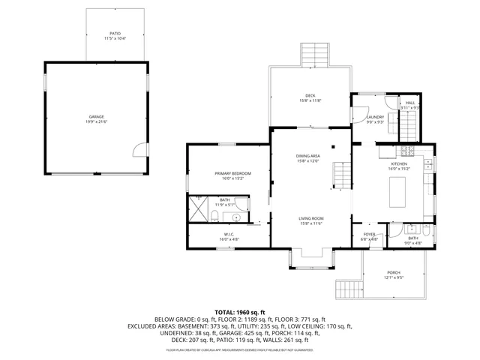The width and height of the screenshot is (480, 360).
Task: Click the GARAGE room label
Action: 97,117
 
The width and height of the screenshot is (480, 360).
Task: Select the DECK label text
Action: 310,95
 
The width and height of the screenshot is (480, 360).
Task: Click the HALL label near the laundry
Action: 410,103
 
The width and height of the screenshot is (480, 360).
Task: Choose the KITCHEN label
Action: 398,163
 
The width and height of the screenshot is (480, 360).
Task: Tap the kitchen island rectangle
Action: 398,191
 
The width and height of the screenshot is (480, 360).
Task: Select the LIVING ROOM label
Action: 310,218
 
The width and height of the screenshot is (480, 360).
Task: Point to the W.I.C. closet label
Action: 229,235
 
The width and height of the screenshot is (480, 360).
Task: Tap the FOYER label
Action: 369,235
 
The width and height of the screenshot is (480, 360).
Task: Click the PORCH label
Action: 394,272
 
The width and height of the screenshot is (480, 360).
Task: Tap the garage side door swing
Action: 138,151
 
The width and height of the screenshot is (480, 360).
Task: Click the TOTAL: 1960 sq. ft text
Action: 240,311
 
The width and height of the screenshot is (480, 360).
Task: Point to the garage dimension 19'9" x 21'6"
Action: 97,121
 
